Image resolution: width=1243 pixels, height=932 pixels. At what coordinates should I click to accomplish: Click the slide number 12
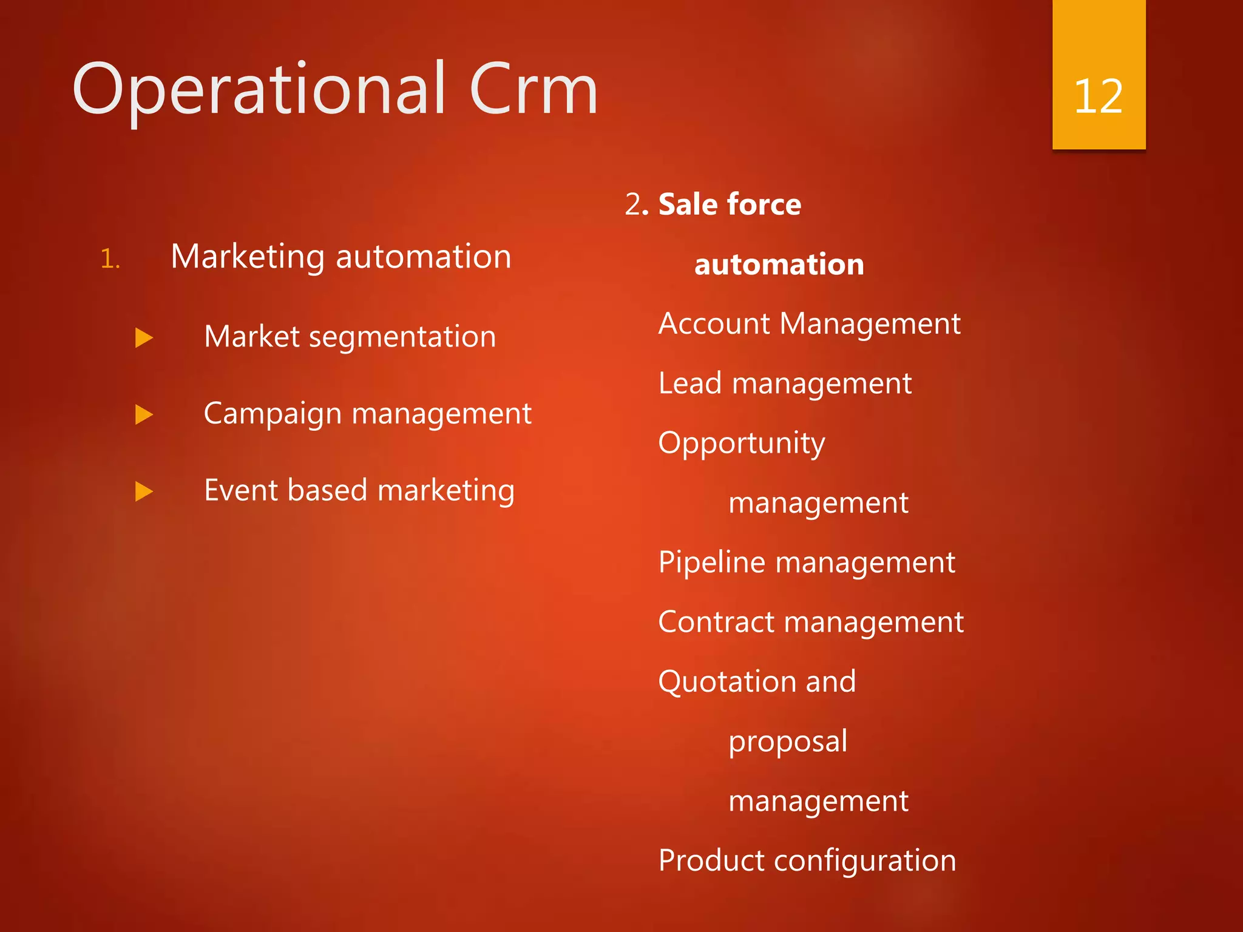click(1098, 96)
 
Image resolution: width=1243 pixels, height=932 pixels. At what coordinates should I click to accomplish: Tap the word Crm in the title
click(533, 90)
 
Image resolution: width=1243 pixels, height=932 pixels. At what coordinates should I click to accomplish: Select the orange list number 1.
click(110, 259)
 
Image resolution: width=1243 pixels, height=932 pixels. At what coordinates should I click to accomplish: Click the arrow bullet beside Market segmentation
click(144, 338)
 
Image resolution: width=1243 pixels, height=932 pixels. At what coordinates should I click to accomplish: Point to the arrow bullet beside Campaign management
click(144, 415)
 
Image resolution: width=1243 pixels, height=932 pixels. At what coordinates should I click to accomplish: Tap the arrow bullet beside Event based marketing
click(144, 491)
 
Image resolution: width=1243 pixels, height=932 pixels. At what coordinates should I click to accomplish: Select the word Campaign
click(273, 415)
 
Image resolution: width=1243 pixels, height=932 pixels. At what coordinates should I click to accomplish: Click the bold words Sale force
click(730, 204)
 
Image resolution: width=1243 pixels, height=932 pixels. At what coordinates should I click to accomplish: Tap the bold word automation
click(779, 265)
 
